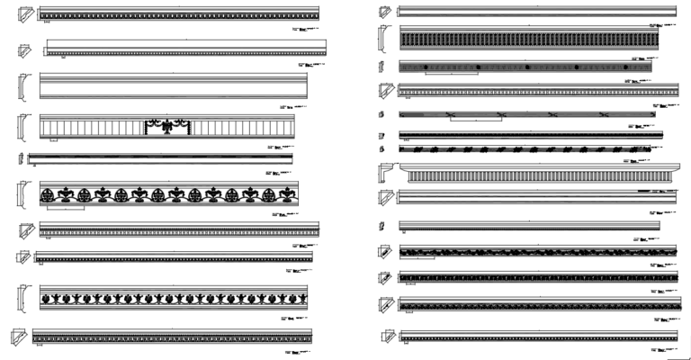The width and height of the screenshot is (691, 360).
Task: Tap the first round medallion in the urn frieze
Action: tap(46, 193)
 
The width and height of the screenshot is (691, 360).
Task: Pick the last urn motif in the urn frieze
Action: tap(288, 193)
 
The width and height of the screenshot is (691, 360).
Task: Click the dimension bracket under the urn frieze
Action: tap(62, 209)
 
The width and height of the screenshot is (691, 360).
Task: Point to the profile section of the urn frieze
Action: tap(21, 193)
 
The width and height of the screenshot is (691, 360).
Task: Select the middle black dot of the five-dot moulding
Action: tap(527, 67)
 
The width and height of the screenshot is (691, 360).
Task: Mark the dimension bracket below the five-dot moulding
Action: tap(451, 75)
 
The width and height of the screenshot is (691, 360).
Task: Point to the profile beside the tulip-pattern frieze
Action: tap(21, 298)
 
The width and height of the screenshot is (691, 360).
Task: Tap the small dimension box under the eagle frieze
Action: tap(54, 140)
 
